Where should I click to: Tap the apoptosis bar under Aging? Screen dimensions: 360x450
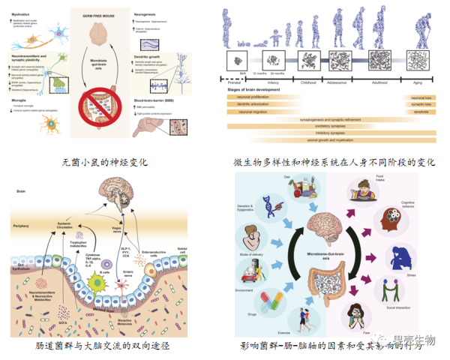[x=419, y=111]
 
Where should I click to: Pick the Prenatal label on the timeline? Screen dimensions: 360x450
[x=243, y=76]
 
